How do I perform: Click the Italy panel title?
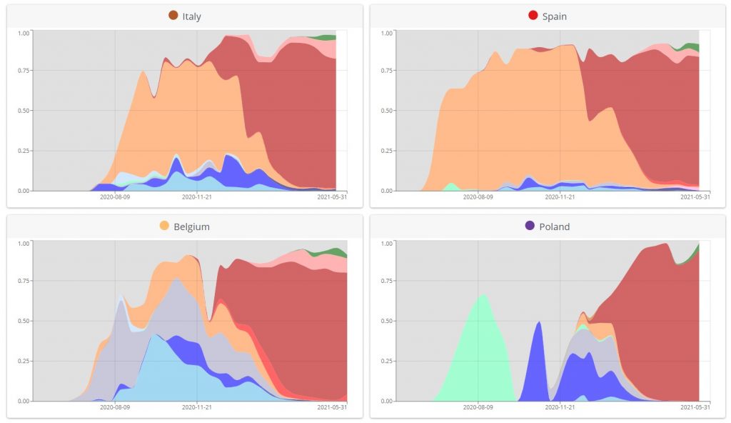pos(191,16)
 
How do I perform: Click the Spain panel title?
pos(554,16)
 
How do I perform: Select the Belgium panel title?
pos(191,227)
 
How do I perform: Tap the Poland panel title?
pos(554,227)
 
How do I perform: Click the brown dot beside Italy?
pos(173,16)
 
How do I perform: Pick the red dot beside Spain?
pos(533,16)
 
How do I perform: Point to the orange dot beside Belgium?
pos(164,226)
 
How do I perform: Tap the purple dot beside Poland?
pos(530,226)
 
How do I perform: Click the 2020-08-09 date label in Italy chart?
pos(116,196)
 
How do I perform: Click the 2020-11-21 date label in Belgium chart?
pos(197,407)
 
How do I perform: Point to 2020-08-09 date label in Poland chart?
pos(478,407)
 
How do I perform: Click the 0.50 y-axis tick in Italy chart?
pos(24,111)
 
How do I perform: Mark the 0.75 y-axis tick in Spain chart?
pos(386,71)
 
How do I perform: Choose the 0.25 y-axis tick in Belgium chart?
pos(24,361)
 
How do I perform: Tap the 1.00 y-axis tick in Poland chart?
pos(386,243)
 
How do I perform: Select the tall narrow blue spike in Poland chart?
pos(537,364)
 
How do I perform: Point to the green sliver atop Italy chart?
pos(327,37)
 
